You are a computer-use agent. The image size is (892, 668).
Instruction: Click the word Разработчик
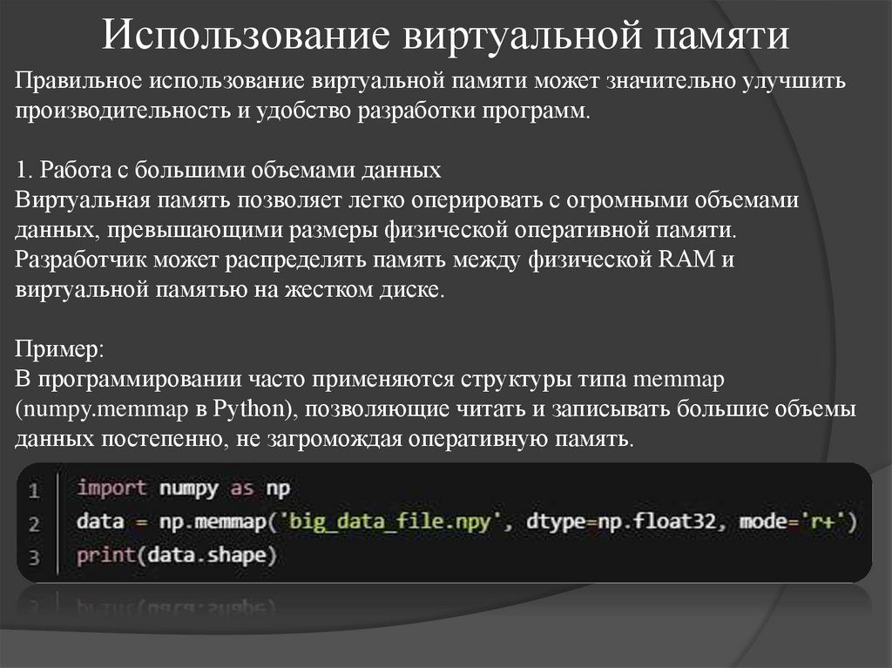[81, 260]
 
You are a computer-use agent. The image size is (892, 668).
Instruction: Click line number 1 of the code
[34, 491]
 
